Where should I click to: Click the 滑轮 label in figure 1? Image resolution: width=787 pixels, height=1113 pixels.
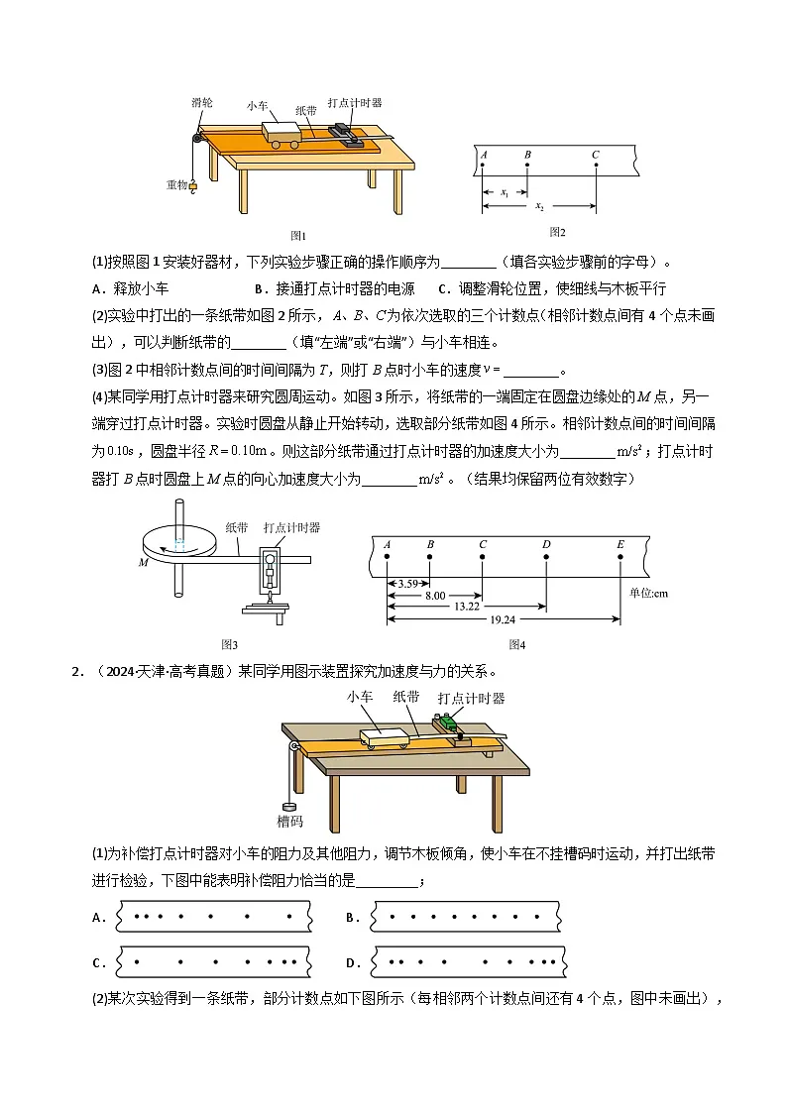(203, 102)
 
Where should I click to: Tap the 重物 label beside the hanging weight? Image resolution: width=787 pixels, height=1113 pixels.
(176, 184)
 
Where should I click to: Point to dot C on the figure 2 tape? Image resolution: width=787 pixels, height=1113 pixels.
(596, 166)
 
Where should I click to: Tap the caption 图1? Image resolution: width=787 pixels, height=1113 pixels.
(298, 236)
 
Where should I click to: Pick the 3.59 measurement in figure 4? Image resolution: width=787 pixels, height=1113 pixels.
(406, 584)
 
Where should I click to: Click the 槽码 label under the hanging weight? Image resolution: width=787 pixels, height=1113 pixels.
(289, 821)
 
